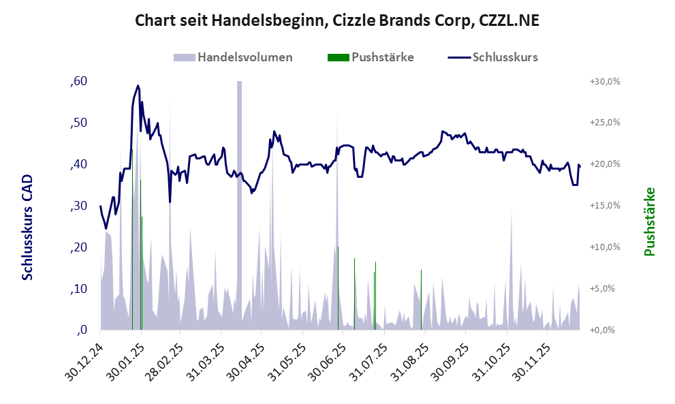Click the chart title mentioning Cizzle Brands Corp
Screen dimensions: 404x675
(337, 20)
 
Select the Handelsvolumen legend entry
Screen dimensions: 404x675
(234, 57)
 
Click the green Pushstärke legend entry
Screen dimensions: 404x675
(371, 57)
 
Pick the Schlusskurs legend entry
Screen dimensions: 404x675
(493, 57)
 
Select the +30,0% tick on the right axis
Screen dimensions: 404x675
(604, 82)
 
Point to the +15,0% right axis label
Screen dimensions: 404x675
(604, 206)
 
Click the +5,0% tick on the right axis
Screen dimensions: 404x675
(604, 289)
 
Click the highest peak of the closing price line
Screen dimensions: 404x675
(138, 86)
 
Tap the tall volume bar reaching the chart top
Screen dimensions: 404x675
(239, 204)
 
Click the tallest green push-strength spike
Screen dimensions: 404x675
(132, 238)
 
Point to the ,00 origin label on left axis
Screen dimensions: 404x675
(81, 330)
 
